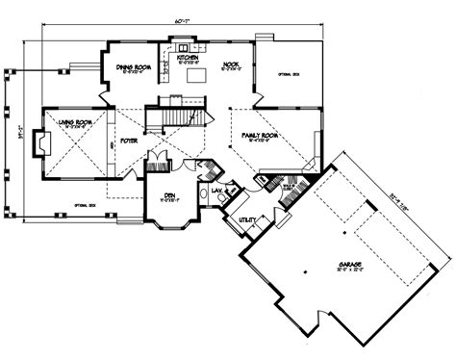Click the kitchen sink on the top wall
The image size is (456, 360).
[180, 43]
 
